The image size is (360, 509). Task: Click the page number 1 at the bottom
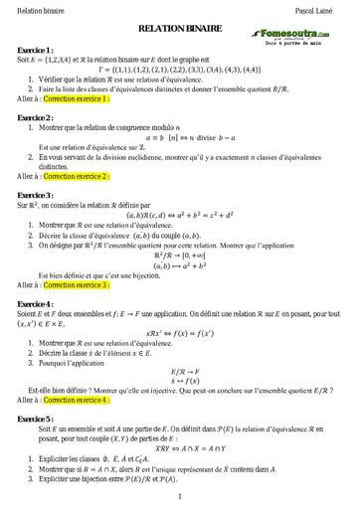[x=179, y=496]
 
